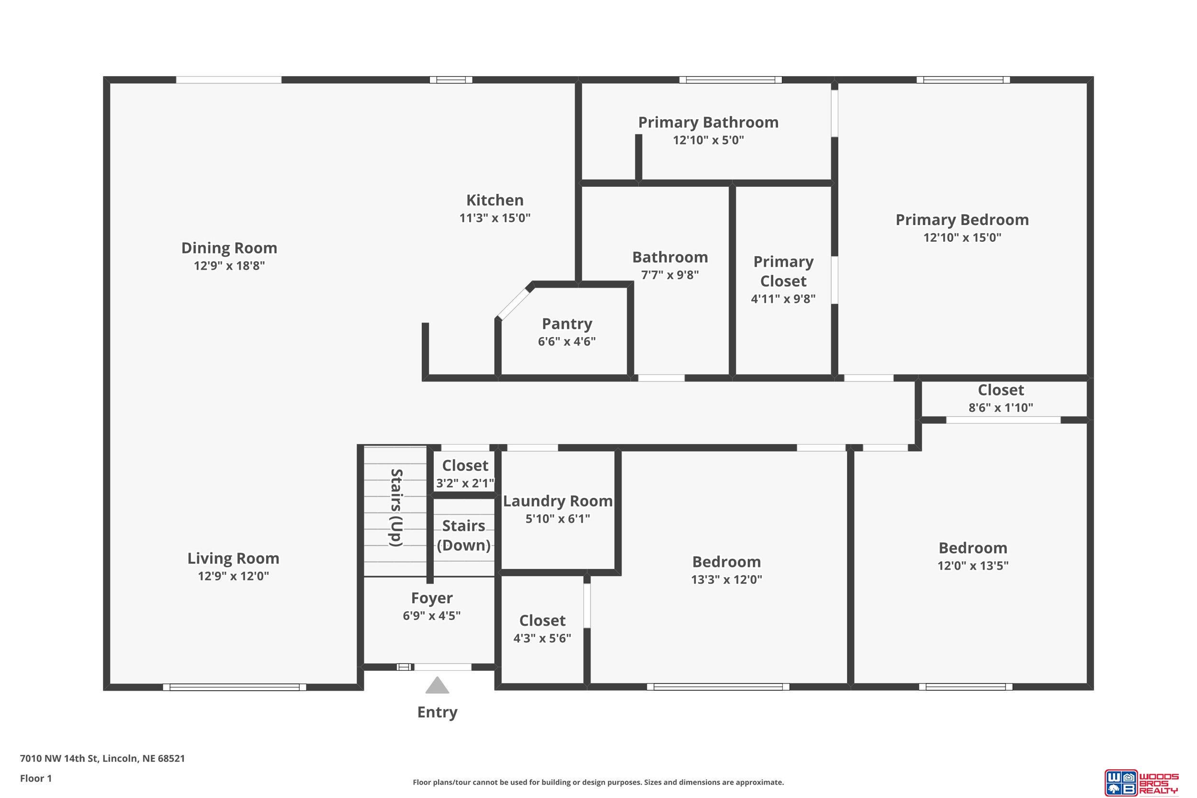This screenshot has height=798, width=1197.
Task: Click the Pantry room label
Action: pos(567,324)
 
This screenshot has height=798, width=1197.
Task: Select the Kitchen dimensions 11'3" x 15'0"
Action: pos(495,218)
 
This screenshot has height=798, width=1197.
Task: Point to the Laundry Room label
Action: pos(558,501)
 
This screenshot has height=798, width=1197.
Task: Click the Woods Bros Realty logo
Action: pos(1141,782)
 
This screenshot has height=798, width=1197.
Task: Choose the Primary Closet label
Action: pos(783,271)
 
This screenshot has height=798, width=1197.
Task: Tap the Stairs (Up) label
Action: pos(396,508)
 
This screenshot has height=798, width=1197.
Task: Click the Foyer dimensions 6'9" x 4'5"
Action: pos(431,616)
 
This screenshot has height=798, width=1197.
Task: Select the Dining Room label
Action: pos(229,248)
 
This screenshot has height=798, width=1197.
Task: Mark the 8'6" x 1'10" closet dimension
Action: pos(1001,408)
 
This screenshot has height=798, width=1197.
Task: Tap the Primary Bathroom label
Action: pos(709,122)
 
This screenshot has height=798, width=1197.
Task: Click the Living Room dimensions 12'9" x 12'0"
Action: pos(233,576)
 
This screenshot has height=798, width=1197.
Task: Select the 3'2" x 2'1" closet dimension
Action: pos(465,483)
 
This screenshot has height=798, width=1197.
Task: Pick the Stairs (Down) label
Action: pos(463,535)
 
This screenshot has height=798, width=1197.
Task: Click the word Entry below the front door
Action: pos(437,712)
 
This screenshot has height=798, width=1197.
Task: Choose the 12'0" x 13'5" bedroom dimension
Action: pos(973,566)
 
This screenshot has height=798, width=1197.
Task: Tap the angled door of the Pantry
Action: pos(515,304)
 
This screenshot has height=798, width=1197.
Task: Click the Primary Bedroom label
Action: pos(962,220)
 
